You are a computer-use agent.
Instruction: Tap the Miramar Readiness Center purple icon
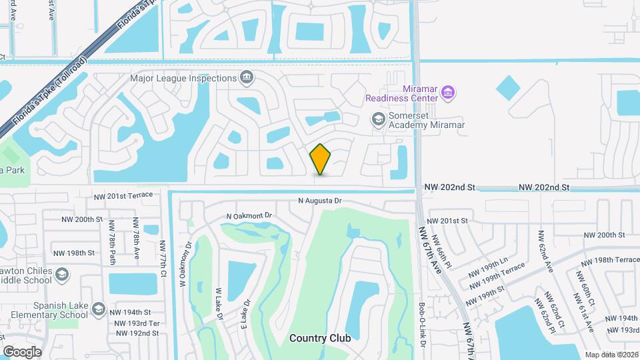pos(449,91)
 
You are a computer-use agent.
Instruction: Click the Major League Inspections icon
pos(246,78)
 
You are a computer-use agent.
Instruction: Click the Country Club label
pos(320,338)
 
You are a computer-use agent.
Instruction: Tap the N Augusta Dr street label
pos(319,201)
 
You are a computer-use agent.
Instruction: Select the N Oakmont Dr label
pos(249,216)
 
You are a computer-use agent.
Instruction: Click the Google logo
pos(22,351)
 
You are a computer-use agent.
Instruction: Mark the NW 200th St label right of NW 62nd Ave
pos(604,235)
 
